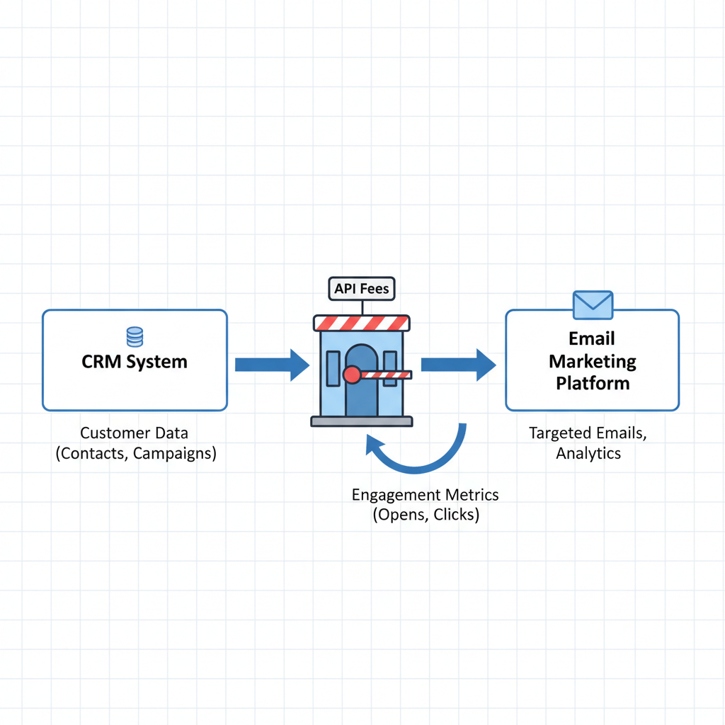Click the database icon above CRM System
click(x=135, y=336)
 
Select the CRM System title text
click(x=135, y=362)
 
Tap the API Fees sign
click(x=361, y=289)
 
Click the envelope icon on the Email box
click(x=593, y=304)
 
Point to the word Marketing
click(x=593, y=362)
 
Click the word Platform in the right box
click(x=593, y=384)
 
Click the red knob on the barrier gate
click(x=351, y=375)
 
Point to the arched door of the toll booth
click(x=361, y=396)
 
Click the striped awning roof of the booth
click(x=361, y=323)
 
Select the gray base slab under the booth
click(x=361, y=422)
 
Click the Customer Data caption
click(x=135, y=433)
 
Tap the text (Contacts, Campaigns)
click(x=136, y=453)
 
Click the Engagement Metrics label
click(x=425, y=494)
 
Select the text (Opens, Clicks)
click(x=426, y=515)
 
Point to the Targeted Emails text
click(x=588, y=433)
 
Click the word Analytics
click(x=588, y=453)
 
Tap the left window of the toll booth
click(x=333, y=368)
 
